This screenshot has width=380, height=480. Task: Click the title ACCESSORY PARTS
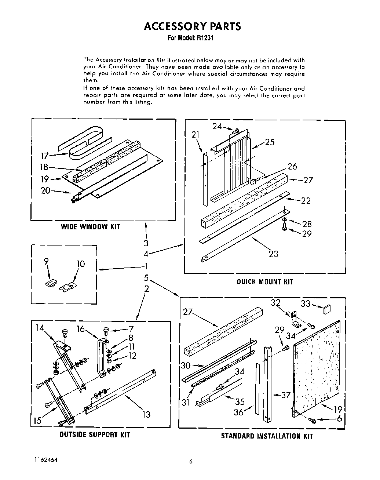click(192, 26)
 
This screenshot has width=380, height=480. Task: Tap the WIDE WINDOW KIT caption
click(90, 227)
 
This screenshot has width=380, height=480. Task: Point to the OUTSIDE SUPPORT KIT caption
click(95, 435)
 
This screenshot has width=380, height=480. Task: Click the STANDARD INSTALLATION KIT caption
click(267, 436)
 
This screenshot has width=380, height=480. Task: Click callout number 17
click(44, 156)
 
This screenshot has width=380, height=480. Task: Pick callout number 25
click(270, 142)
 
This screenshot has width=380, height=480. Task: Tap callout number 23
click(273, 254)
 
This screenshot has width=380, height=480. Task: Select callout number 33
click(306, 303)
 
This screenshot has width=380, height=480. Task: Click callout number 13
click(146, 414)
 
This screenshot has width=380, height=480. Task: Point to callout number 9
click(46, 262)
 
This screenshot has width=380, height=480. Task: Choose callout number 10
click(81, 263)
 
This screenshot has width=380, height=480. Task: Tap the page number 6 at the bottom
click(191, 462)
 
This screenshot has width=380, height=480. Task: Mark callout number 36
click(238, 412)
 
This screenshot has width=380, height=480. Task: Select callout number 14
click(40, 328)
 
